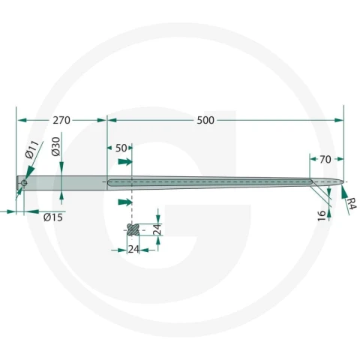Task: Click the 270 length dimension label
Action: coord(61,120)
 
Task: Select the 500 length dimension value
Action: coord(205,120)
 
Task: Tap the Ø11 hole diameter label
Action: coord(32,149)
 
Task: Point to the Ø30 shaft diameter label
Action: coord(56,146)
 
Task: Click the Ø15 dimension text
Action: coord(53,217)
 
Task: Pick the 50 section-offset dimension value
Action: coord(121,148)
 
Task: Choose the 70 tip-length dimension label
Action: coord(325,159)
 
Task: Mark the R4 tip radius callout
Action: coord(351,203)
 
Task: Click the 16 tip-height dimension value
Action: coord(322,215)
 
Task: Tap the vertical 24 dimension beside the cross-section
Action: coord(157,229)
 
